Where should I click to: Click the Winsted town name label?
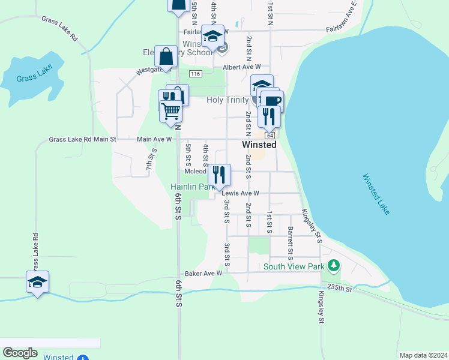pyautogui.click(x=259, y=145)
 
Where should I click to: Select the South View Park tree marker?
pyautogui.click(x=334, y=265)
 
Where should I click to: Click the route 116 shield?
pyautogui.click(x=194, y=73)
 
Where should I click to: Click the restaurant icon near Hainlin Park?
pyautogui.click(x=219, y=175)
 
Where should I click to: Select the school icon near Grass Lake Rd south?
pyautogui.click(x=37, y=282)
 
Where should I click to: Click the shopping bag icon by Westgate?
pyautogui.click(x=165, y=57)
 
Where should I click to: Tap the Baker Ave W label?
pyautogui.click(x=203, y=273)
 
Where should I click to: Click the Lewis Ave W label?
pyautogui.click(x=240, y=193)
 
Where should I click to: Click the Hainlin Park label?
pyautogui.click(x=192, y=187)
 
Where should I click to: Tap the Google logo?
pyautogui.click(x=20, y=353)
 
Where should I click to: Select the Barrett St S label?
pyautogui.click(x=290, y=238)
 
